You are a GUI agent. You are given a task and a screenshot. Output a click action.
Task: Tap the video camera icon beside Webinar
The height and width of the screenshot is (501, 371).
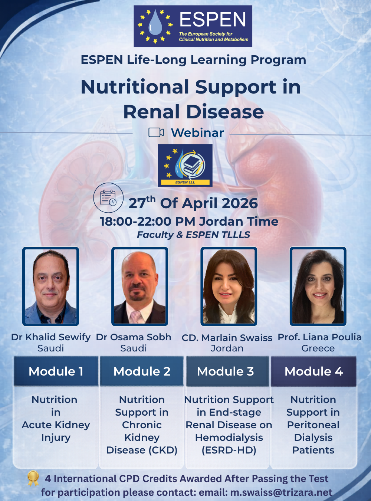point(156,132)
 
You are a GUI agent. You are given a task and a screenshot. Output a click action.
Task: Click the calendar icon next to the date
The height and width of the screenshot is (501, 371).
point(108,198)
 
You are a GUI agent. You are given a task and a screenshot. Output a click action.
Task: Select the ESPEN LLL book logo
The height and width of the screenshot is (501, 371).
point(185,165)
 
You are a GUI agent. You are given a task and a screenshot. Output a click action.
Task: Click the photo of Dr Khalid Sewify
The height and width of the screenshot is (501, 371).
point(51,286)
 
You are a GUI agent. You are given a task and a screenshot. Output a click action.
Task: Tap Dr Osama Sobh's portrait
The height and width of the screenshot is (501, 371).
point(140,286)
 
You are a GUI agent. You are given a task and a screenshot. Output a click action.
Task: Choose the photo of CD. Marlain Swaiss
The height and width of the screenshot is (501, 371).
point(229,286)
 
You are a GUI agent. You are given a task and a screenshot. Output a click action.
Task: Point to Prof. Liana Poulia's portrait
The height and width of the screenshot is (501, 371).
point(318,286)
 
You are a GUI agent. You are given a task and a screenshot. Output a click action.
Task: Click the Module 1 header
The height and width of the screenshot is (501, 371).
point(56,371)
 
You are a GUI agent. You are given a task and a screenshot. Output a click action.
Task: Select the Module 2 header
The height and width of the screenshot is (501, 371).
point(142,371)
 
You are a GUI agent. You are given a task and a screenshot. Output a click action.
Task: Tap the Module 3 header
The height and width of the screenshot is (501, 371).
point(226,371)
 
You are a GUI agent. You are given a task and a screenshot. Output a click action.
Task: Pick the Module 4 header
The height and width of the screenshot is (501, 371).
point(313,371)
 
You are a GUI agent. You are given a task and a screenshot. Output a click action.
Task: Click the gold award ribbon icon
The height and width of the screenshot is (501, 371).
point(33,478)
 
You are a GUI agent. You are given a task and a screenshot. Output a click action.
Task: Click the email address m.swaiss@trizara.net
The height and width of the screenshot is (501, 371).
point(281,492)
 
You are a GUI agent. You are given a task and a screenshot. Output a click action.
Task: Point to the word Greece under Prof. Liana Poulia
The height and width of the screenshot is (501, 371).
point(318,348)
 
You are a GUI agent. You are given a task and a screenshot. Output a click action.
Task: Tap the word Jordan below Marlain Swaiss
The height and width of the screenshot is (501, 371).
point(227,348)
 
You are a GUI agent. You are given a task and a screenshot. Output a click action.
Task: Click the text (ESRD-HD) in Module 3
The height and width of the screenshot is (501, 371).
point(229,450)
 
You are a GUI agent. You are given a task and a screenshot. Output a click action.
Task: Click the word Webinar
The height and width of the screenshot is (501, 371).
point(197,133)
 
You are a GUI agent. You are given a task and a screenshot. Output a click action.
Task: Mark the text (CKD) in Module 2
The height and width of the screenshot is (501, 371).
point(162,450)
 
